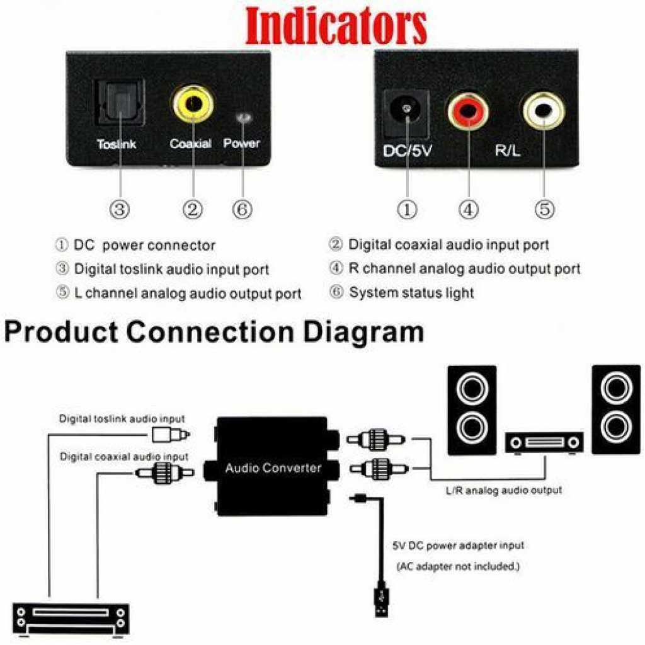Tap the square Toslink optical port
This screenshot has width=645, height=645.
tap(120, 103)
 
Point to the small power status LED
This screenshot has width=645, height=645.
tap(244, 118)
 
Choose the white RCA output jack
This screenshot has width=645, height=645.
tap(544, 110)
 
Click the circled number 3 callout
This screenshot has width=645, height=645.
tap(120, 209)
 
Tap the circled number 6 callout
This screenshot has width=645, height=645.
tap(243, 209)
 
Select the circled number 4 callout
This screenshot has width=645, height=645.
tap(469, 209)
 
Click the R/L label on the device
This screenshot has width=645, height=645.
tap(508, 151)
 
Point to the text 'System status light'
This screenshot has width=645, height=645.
tap(411, 293)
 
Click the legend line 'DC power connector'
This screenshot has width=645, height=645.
tap(144, 245)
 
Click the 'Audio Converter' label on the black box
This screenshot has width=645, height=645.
tap(273, 468)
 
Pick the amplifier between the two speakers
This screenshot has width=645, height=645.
tap(544, 443)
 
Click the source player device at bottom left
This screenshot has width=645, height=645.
tap(71, 620)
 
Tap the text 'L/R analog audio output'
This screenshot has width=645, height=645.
tap(504, 490)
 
